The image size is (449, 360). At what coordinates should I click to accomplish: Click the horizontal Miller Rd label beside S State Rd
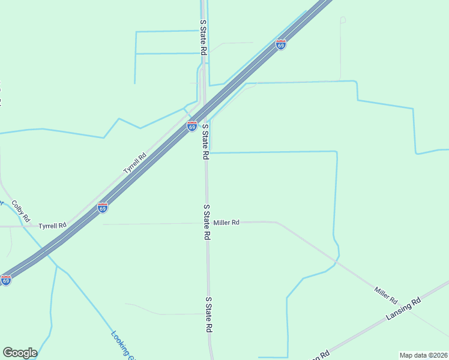(x=228, y=223)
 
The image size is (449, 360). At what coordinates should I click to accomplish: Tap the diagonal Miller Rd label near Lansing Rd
(x=386, y=295)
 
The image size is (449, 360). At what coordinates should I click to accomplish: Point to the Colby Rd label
(x=20, y=211)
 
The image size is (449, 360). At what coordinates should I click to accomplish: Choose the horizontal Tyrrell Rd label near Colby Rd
(x=52, y=226)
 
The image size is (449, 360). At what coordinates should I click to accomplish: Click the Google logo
(x=20, y=353)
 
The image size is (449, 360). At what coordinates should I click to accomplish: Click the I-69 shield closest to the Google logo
(x=6, y=280)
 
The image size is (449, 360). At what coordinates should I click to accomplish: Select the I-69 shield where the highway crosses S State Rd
(x=191, y=126)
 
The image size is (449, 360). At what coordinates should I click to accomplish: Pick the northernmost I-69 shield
(x=281, y=44)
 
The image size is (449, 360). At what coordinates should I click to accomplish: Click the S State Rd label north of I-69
(x=203, y=37)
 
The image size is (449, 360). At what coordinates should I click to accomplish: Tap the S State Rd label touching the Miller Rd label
(x=206, y=222)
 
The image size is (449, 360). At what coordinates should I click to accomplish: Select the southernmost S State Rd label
(x=209, y=314)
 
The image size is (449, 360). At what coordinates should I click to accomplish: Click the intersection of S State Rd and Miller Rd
(x=207, y=223)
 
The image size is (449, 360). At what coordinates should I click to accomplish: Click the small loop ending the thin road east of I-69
(x=343, y=20)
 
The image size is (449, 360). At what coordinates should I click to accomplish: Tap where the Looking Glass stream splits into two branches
(x=57, y=266)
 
